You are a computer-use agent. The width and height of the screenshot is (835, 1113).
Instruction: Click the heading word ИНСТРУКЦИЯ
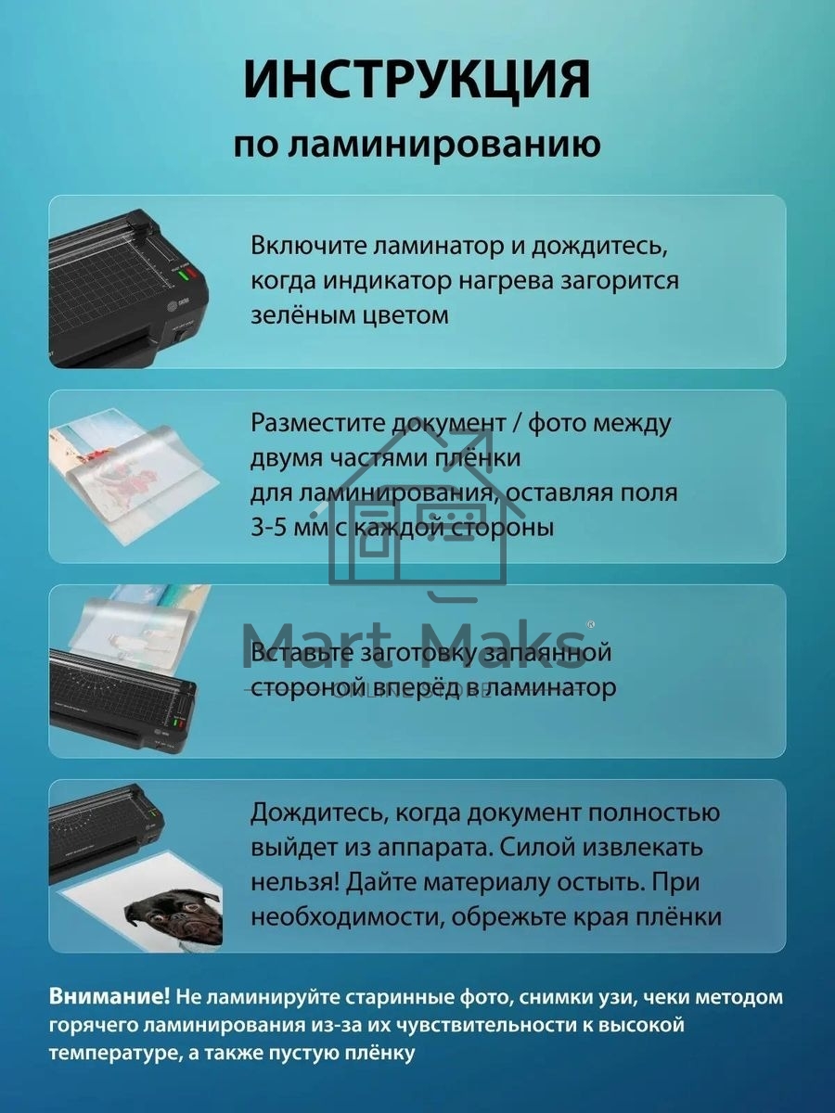tap(417, 81)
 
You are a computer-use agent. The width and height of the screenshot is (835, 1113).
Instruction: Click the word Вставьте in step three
tap(300, 653)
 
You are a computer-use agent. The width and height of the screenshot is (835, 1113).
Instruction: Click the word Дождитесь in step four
tap(316, 813)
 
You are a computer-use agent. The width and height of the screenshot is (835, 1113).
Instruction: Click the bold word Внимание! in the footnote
tap(109, 997)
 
